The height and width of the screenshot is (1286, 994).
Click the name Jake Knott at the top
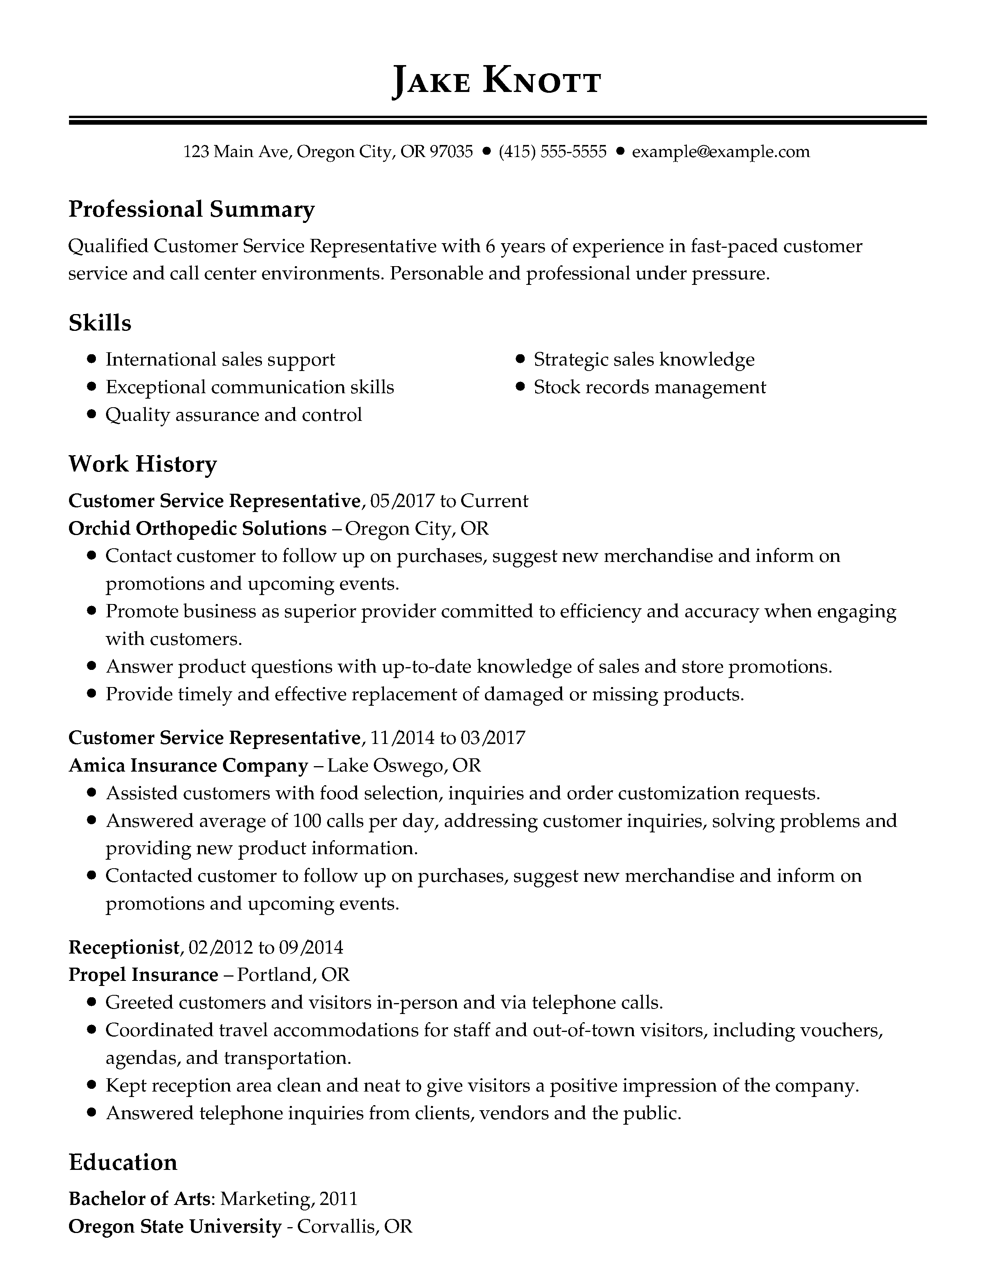[496, 81]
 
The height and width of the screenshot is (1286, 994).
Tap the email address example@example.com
[721, 152]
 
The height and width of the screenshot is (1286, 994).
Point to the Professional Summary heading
[191, 209]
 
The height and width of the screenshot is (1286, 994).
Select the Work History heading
[143, 464]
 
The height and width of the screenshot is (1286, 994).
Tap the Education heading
[122, 1162]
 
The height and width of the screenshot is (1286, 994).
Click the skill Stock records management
[649, 387]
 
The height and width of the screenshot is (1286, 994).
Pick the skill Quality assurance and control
[233, 415]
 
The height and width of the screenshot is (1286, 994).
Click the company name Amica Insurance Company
[188, 765]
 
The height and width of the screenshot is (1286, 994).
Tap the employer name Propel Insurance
[143, 975]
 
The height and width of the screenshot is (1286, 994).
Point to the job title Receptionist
[123, 947]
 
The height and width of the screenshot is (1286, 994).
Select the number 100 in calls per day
[306, 821]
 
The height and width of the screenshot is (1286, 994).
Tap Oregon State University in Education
[175, 1226]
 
